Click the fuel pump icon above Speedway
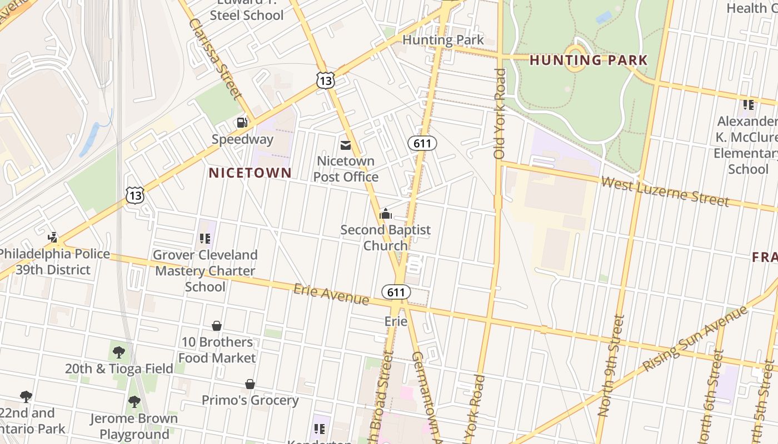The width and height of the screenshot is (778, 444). [x=242, y=123]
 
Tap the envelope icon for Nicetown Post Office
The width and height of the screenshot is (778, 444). [x=345, y=145]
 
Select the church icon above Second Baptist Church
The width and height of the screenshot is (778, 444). [x=386, y=214]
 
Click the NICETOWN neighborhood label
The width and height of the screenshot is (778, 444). [x=250, y=173]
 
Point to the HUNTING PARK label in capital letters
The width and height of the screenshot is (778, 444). [x=589, y=60]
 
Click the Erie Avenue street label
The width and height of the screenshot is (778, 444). [x=331, y=294]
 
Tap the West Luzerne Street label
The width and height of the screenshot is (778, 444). [x=665, y=191]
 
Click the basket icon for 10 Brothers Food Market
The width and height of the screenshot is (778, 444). [x=217, y=326]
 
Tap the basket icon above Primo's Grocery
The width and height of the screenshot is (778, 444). [x=250, y=384]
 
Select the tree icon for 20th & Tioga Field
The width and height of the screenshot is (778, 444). [x=118, y=352]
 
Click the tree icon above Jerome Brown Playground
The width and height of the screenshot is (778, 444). [x=134, y=402]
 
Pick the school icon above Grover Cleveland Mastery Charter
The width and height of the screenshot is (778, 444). [x=205, y=239]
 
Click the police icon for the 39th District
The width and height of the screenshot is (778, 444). [x=53, y=238]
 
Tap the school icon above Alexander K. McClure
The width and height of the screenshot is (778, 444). [x=748, y=104]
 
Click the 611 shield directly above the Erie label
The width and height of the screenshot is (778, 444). [x=396, y=292]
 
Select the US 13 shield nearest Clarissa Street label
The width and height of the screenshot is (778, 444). [x=326, y=80]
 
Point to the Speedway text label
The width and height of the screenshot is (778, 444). [x=242, y=139]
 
